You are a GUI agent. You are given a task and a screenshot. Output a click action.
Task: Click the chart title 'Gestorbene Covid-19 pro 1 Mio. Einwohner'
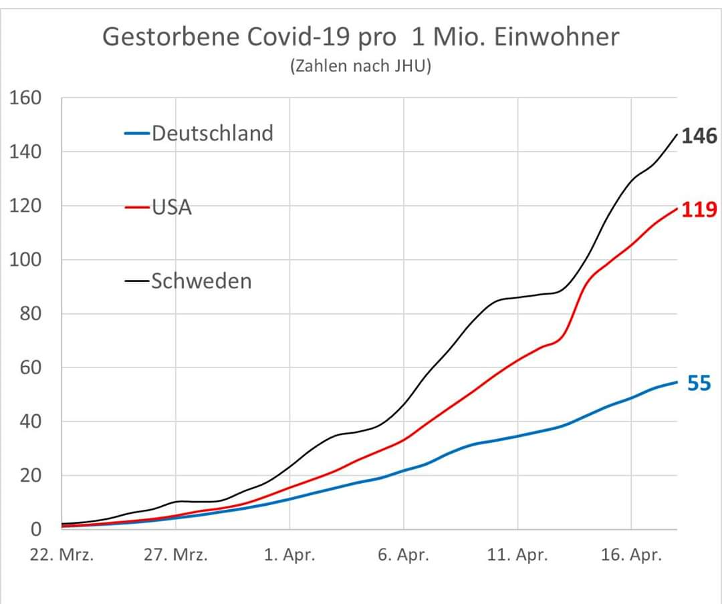point(361,37)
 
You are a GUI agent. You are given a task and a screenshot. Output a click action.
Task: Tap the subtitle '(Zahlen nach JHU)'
point(361,67)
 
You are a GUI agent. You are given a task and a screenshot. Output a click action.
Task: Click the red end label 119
point(700,210)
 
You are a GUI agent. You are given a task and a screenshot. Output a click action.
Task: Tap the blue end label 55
point(699,384)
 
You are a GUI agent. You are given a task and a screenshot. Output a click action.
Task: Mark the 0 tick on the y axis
point(36,529)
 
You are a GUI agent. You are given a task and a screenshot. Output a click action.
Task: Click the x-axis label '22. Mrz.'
point(62,556)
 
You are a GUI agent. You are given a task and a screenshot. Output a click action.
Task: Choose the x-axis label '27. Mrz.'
point(176,556)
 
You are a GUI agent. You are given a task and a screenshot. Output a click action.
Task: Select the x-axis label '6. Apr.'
point(404,556)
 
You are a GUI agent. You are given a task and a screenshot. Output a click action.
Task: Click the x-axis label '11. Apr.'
point(518,556)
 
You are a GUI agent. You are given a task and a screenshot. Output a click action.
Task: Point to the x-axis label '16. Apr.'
point(632,556)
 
